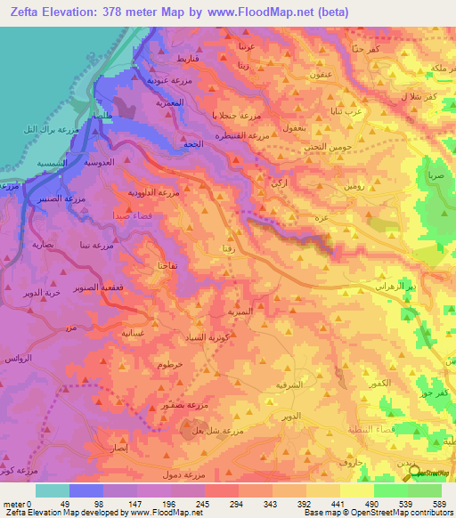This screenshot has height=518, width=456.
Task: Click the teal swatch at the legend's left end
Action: pos(53,490)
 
